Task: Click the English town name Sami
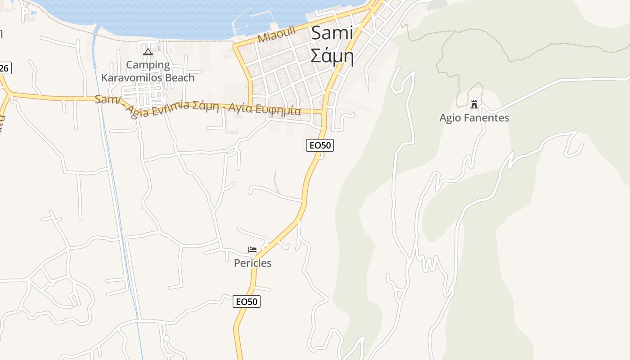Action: (x=332, y=33)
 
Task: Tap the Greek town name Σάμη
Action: (x=332, y=56)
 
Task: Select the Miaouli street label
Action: (x=276, y=34)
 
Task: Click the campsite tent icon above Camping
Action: (x=148, y=52)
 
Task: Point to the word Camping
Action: (x=148, y=65)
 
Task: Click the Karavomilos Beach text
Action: (x=148, y=77)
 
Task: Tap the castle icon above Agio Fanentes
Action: (x=474, y=104)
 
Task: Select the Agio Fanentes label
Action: (x=474, y=118)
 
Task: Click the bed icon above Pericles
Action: (x=252, y=250)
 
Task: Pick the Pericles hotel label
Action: (x=252, y=263)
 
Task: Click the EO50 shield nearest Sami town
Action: (x=319, y=145)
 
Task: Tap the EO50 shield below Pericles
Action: (x=247, y=301)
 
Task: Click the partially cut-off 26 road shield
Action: (x=4, y=68)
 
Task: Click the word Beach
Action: (x=180, y=77)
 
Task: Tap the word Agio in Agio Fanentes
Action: (x=449, y=118)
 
